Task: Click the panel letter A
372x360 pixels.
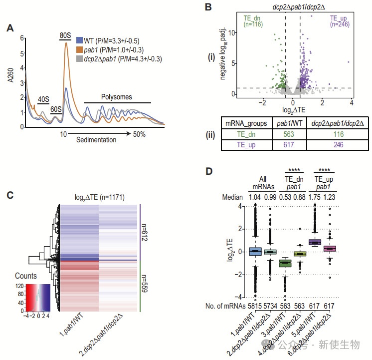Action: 10,29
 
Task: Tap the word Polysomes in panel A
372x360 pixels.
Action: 116,97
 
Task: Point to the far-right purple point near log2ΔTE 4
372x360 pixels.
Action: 349,62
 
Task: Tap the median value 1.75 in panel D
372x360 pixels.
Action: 315,197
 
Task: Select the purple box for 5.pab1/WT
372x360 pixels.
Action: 315,242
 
